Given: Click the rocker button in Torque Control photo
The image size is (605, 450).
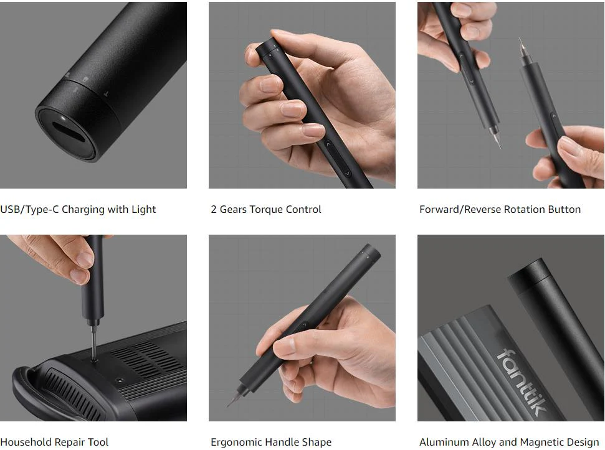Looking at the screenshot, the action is pos(337,158).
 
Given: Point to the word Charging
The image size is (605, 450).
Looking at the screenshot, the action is pos(83,209).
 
